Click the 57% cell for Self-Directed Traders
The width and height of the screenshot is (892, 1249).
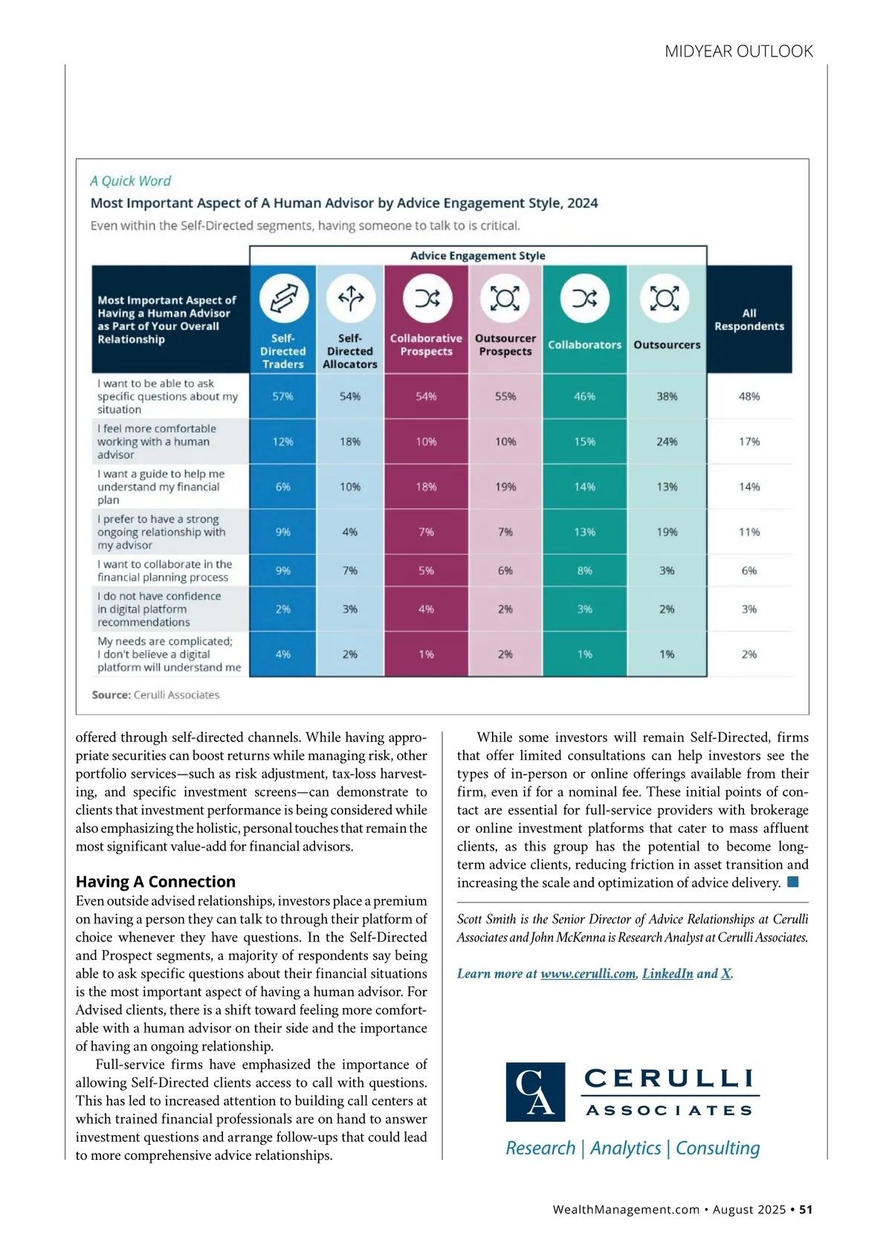coord(282,396)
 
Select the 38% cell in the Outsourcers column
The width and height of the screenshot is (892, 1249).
coord(667,396)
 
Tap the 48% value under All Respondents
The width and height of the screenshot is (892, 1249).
coord(749,396)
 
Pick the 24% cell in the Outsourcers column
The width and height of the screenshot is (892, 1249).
coord(667,442)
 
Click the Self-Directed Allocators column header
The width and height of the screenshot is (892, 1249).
coord(350,351)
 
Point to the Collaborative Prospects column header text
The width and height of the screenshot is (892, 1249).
coord(426,345)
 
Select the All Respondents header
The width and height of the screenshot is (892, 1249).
coord(749,320)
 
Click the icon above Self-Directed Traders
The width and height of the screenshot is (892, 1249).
coord(283,298)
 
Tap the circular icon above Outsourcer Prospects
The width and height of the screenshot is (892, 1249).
coord(505,298)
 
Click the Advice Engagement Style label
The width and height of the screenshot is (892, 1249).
coord(478,256)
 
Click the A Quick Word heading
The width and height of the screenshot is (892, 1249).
coord(130,181)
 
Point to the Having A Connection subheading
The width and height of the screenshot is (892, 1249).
coord(155,882)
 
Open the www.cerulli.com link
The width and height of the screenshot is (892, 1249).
coord(588,974)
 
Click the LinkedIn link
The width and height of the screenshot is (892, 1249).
coord(668,974)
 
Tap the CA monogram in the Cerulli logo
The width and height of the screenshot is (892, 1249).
coord(535,1091)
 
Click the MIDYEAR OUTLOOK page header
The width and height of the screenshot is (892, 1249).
coord(738,51)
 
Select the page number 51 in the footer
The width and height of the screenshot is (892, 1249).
coord(806,1210)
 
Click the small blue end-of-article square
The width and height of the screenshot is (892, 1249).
coord(793,882)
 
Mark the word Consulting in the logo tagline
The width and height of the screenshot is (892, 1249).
coord(717,1148)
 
